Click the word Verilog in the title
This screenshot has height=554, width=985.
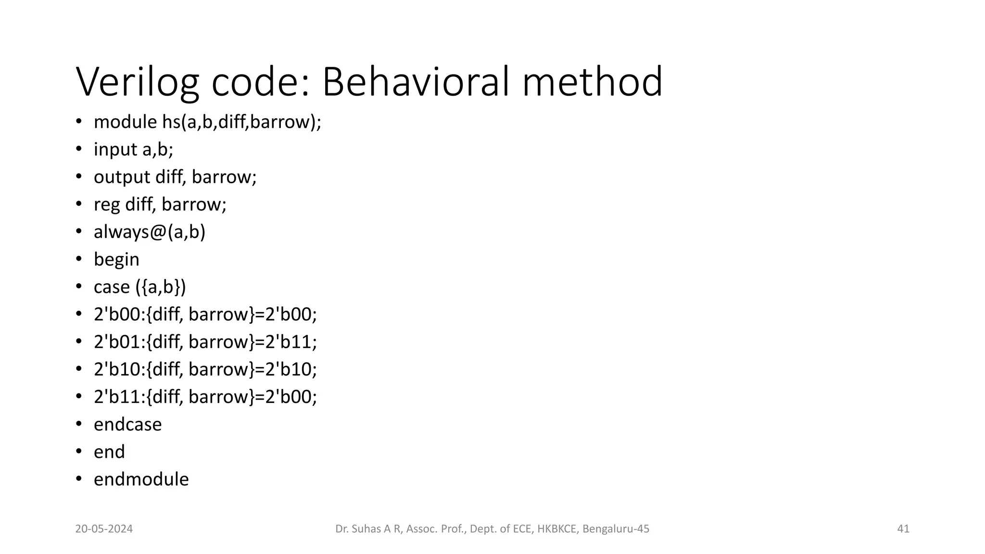pos(137,83)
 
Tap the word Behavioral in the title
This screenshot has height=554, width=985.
pos(415,82)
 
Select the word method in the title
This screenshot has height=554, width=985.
pos(592,82)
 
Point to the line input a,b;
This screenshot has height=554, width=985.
pos(133,150)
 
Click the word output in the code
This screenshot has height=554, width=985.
pos(122,177)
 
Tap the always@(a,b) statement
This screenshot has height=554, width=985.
pos(150,232)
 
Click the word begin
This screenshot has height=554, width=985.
pos(116,260)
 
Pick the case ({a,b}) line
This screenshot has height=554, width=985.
pos(139,287)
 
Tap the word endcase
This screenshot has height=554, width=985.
pos(127,425)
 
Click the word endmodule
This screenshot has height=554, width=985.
pos(141,479)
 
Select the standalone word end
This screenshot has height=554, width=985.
pos(109,452)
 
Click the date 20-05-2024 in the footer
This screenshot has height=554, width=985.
pos(104,529)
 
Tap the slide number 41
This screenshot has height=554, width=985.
pos(903,529)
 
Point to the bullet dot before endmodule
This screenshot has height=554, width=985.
pos(79,479)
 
